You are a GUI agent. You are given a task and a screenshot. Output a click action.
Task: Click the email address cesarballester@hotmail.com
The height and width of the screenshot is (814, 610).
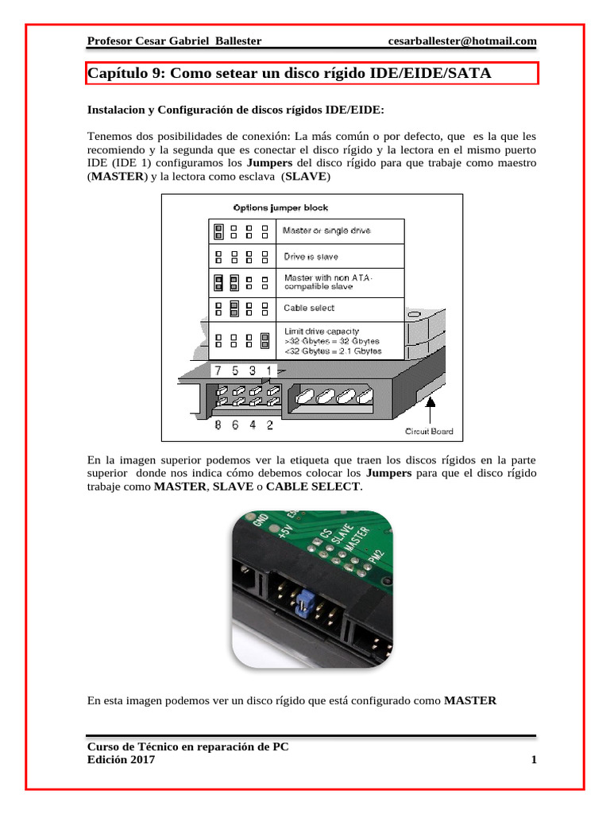[462, 41]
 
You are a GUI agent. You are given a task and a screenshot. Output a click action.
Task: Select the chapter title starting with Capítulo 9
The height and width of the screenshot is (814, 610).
[289, 73]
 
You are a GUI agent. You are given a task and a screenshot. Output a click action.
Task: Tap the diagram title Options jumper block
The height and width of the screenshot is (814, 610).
[280, 208]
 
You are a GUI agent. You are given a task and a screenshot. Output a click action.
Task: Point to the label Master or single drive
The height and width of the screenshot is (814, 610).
[327, 231]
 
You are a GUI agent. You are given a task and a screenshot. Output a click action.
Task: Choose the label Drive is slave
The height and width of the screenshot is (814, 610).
[311, 257]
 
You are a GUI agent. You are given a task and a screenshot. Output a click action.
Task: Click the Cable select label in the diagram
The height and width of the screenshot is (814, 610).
[309, 308]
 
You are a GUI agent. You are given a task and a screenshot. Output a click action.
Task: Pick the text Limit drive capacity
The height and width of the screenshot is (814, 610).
[322, 330]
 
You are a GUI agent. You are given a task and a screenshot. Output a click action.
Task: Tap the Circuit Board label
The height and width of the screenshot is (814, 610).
[429, 431]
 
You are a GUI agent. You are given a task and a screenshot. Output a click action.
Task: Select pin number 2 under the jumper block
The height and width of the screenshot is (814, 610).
[270, 424]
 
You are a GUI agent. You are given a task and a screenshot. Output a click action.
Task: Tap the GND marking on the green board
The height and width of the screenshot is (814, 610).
[259, 521]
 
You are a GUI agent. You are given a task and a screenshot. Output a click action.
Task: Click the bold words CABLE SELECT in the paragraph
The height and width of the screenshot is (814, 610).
[313, 486]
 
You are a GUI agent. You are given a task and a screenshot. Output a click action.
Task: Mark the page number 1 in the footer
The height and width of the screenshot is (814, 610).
[534, 760]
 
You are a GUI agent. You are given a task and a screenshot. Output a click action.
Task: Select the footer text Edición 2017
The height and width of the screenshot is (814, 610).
[121, 760]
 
